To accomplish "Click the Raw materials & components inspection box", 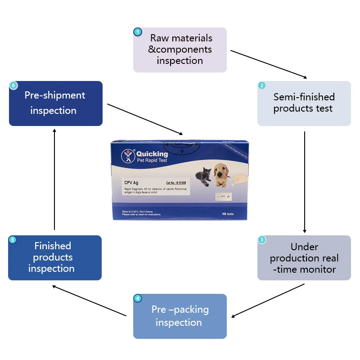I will coord(180,50).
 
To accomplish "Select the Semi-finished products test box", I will coord(304,103).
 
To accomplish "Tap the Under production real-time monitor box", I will coord(304,258).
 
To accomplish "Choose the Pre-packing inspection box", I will coord(180,316).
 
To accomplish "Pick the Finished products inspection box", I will coord(55,258).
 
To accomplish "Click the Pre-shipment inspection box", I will coord(56,103).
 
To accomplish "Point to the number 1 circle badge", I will coord(137,32).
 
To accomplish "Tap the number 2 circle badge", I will coord(261,85).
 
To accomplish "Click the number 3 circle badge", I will coord(261,240).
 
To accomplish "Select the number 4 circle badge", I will coord(137,298).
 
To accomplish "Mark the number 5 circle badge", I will coord(13,240).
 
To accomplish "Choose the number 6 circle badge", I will coord(13,85).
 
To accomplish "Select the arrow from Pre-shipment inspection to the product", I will coord(145,119).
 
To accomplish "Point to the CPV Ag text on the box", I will coord(132,183).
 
